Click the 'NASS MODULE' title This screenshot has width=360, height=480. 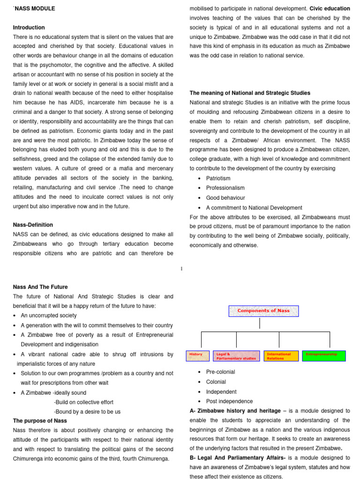click(35, 8)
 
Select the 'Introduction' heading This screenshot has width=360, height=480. click(29, 28)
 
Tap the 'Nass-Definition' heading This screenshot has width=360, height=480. click(33, 225)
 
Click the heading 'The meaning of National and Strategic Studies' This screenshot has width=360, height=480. click(250, 93)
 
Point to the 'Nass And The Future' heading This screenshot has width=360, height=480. click(40, 287)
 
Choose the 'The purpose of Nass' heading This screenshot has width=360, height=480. click(40, 420)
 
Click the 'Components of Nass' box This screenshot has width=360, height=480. click(263, 311)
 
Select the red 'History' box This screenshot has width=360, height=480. click(198, 356)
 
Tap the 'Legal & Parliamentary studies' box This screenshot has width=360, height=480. click(236, 356)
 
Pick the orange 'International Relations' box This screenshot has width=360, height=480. click(281, 356)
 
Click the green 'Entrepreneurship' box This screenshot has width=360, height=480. click(323, 356)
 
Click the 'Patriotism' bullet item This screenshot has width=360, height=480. click(218, 179)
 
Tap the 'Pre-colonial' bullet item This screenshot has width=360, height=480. click(220, 372)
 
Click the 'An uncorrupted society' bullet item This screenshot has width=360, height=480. click(49, 315)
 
